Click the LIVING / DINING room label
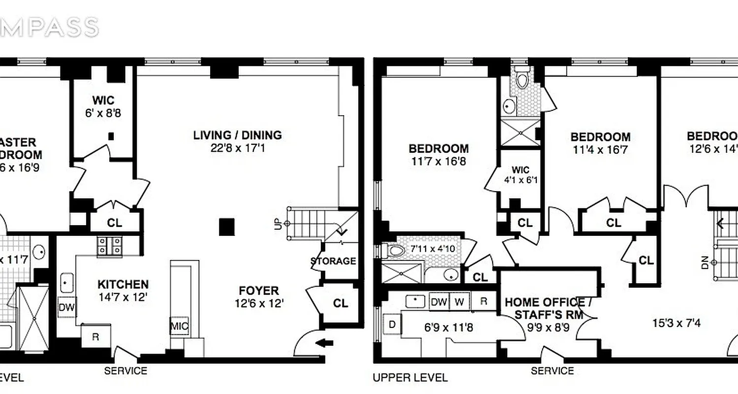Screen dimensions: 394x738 coord(237,135)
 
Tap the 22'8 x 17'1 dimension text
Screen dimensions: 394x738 coord(237,148)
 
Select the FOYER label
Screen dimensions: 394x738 coord(259,291)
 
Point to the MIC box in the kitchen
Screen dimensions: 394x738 coord(179,326)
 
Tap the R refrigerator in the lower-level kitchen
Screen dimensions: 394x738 coord(96,337)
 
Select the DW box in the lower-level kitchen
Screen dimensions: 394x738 coord(66,308)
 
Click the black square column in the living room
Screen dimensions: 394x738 coord(227,227)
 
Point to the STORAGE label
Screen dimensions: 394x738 coord(333,261)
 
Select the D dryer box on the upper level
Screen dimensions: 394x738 coord(392,325)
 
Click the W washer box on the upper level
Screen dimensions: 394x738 coord(459,301)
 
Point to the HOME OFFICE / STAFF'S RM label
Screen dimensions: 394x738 coord(545,308)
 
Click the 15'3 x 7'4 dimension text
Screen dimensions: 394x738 coord(676,324)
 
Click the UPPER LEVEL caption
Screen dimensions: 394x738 coord(410,378)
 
